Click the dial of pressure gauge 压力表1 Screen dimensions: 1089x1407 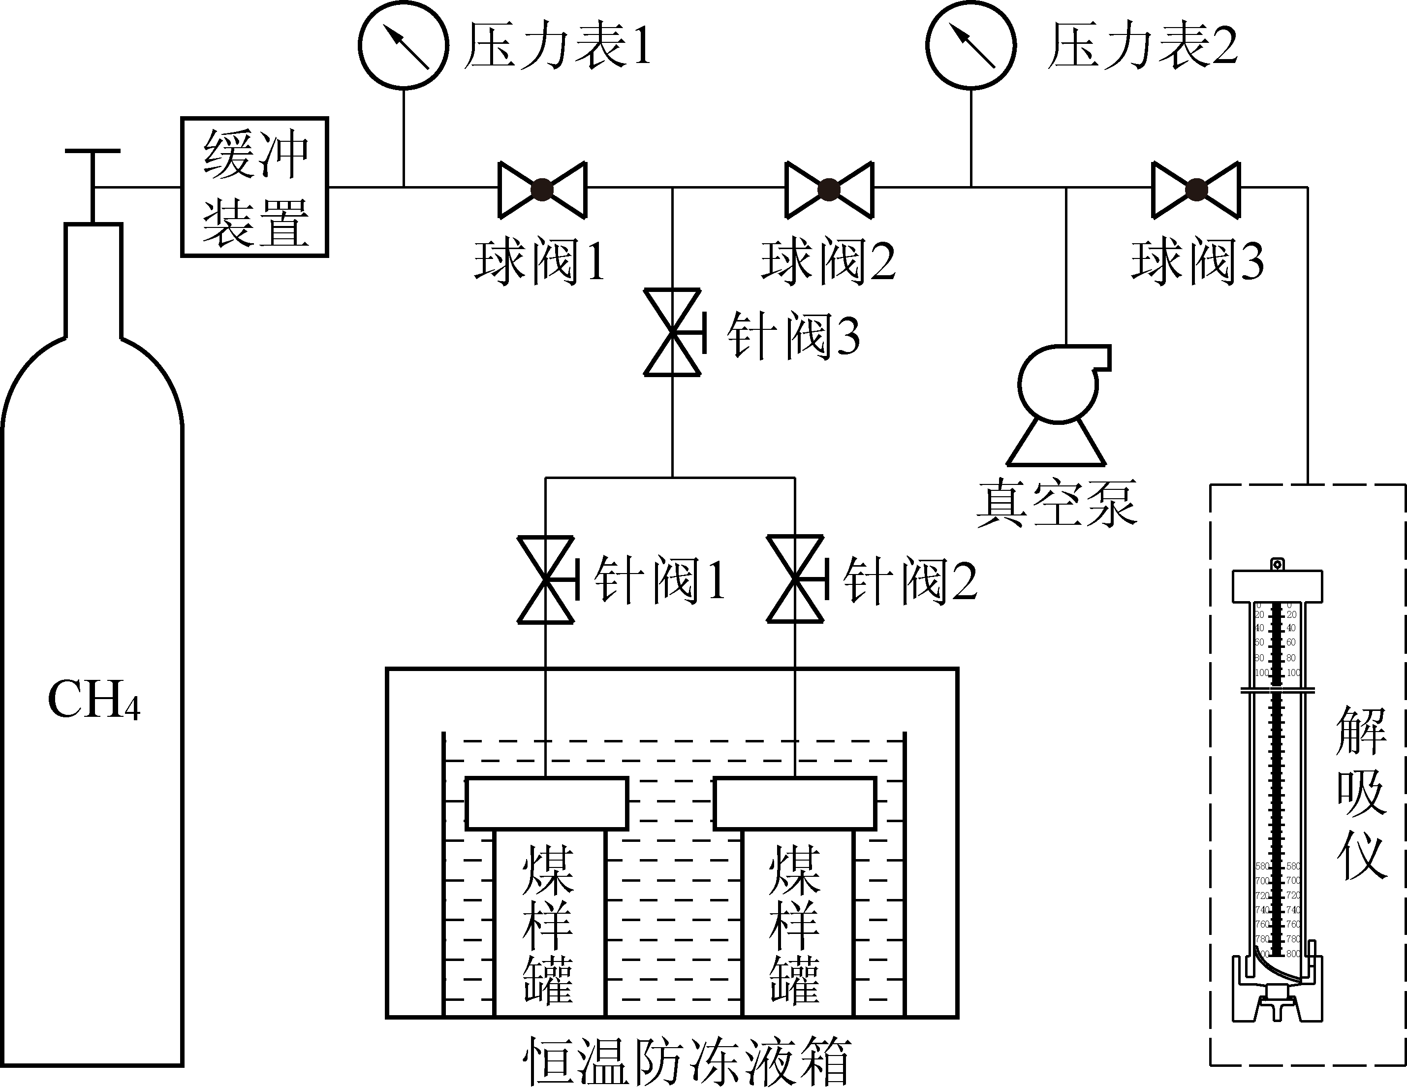[403, 46]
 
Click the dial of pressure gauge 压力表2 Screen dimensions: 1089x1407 [971, 46]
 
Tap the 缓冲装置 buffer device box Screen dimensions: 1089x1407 [255, 187]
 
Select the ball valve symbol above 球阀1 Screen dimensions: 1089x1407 [542, 190]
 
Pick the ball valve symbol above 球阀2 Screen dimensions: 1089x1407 [829, 190]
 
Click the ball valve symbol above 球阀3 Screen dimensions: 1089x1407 [1196, 190]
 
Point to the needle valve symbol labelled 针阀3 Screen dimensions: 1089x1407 [673, 332]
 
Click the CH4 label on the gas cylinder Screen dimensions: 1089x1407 [94, 701]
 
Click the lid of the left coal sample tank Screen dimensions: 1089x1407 [546, 803]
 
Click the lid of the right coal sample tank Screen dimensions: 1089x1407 [795, 803]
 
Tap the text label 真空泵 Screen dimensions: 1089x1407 [1057, 503]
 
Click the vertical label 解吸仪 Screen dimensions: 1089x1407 [1361, 793]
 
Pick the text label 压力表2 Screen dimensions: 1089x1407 [1142, 46]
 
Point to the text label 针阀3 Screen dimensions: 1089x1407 [794, 335]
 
